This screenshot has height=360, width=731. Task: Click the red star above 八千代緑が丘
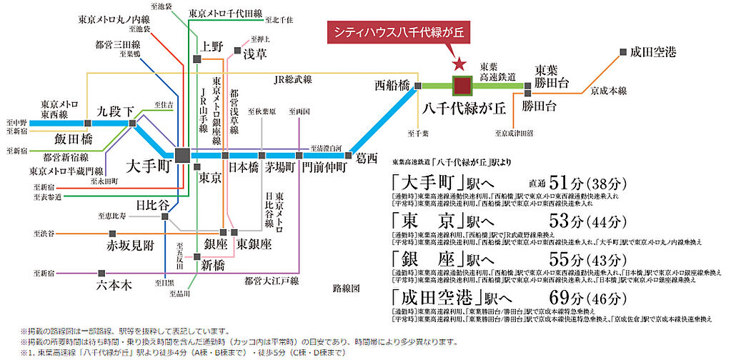[x=459, y=64]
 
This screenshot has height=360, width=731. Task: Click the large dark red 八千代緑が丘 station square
[x=462, y=85]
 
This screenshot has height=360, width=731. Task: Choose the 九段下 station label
[x=116, y=111]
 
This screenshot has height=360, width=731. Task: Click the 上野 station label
[x=212, y=46]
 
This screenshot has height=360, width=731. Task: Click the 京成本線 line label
[x=608, y=91]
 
